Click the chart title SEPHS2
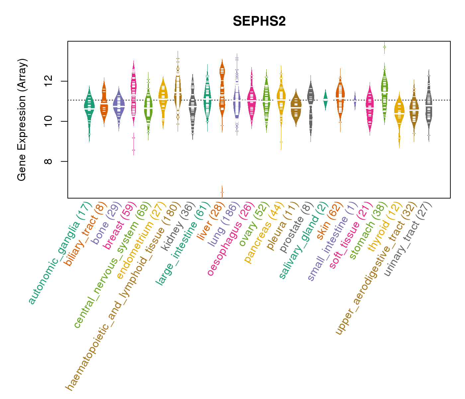click(x=259, y=22)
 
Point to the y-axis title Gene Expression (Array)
click(x=22, y=120)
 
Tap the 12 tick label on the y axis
click(x=48, y=81)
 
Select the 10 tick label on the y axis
click(x=48, y=121)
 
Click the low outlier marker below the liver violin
click(x=222, y=192)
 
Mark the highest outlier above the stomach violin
click(x=384, y=47)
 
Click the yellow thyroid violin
click(x=399, y=113)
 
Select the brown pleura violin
click(x=296, y=108)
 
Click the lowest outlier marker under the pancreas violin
click(x=281, y=142)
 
